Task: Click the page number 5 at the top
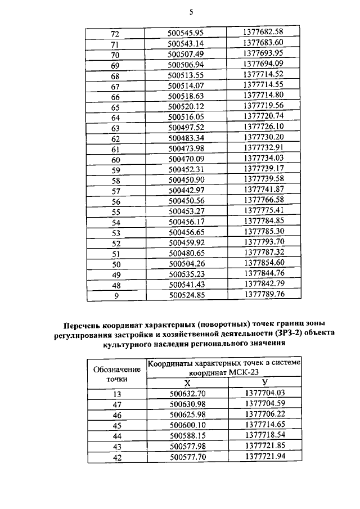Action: pyautogui.click(x=191, y=12)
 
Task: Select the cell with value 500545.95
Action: pyautogui.click(x=185, y=33)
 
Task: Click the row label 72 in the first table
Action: pyautogui.click(x=115, y=33)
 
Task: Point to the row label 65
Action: pyautogui.click(x=115, y=107)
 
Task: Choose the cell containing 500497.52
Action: pyautogui.click(x=185, y=127)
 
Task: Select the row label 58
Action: pyautogui.click(x=115, y=180)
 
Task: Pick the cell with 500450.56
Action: pyautogui.click(x=185, y=201)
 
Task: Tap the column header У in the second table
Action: pyautogui.click(x=264, y=382)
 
